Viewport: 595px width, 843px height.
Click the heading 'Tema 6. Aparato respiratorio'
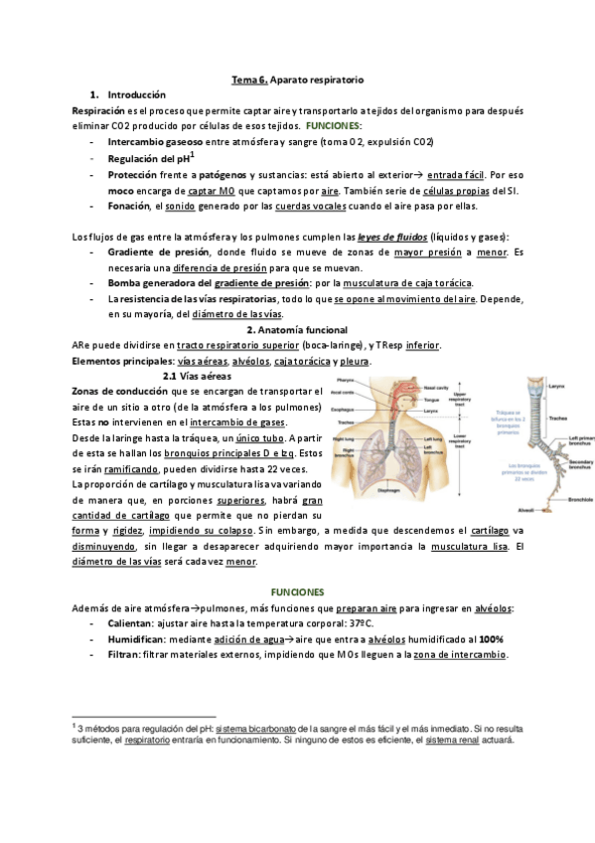pyautogui.click(x=297, y=78)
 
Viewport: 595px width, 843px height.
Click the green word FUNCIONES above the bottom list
pyautogui.click(x=298, y=591)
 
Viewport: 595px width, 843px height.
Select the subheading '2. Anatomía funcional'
pyautogui.click(x=297, y=329)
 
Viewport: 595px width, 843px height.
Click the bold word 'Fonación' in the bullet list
pyautogui.click(x=126, y=206)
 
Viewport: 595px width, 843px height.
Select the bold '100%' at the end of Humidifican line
pyautogui.click(x=494, y=639)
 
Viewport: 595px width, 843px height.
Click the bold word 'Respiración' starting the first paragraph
pyautogui.click(x=98, y=110)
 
